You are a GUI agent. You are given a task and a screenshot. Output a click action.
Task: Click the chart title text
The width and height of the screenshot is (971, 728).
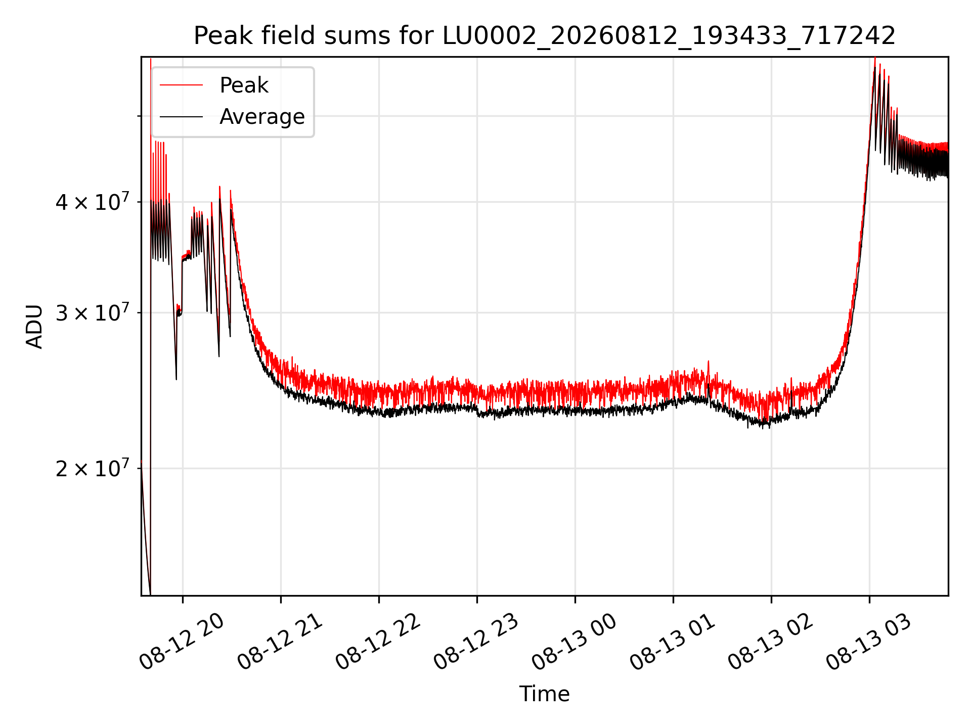pos(545,36)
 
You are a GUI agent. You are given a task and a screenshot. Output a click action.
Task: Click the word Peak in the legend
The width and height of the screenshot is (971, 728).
pos(244,85)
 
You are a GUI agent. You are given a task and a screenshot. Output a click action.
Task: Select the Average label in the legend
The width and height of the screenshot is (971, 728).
pos(262,117)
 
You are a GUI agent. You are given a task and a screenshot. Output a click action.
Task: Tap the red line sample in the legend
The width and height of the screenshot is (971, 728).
pos(182,85)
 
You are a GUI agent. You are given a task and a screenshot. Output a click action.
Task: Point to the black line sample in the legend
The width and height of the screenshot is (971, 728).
pos(182,117)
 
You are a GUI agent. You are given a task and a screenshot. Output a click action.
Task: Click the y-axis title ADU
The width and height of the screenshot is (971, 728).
pos(34,327)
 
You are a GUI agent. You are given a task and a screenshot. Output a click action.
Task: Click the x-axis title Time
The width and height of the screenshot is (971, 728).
pos(544,694)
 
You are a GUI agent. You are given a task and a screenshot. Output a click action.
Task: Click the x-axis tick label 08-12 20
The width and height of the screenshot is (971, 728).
pos(182,641)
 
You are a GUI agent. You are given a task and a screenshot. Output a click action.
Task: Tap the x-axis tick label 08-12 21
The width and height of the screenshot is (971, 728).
pos(280,641)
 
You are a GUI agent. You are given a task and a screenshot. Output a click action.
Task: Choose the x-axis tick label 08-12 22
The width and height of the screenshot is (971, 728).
pos(378,641)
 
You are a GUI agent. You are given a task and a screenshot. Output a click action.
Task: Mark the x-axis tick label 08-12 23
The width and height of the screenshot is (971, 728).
pos(476,641)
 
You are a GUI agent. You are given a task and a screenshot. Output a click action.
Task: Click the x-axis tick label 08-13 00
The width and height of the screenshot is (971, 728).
pos(575,641)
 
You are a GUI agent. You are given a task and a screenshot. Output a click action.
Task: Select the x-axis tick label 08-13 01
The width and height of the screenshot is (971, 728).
pos(673,641)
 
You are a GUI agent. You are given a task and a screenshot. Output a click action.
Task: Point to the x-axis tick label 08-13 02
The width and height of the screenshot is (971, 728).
pos(771,641)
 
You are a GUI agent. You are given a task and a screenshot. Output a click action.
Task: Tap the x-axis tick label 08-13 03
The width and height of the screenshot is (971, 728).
pos(869,641)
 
